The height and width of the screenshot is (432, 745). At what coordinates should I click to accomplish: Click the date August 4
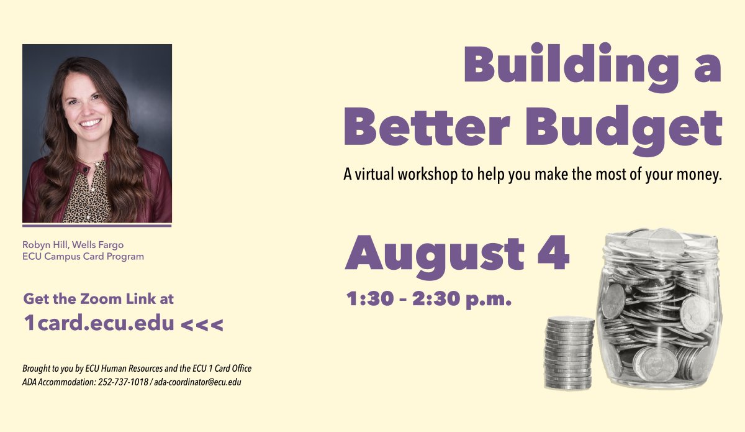457,254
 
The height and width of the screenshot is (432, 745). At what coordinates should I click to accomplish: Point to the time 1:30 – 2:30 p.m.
429,300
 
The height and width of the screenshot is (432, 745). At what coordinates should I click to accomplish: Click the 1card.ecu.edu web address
99,323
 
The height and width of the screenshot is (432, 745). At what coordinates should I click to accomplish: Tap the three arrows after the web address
202,324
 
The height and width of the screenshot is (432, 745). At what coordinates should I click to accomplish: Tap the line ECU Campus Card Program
83,256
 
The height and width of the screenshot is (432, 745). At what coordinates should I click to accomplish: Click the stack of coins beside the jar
570,352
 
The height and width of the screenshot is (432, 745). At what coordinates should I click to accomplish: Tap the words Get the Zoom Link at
99,299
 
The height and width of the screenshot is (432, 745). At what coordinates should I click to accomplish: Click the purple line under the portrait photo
97,225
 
